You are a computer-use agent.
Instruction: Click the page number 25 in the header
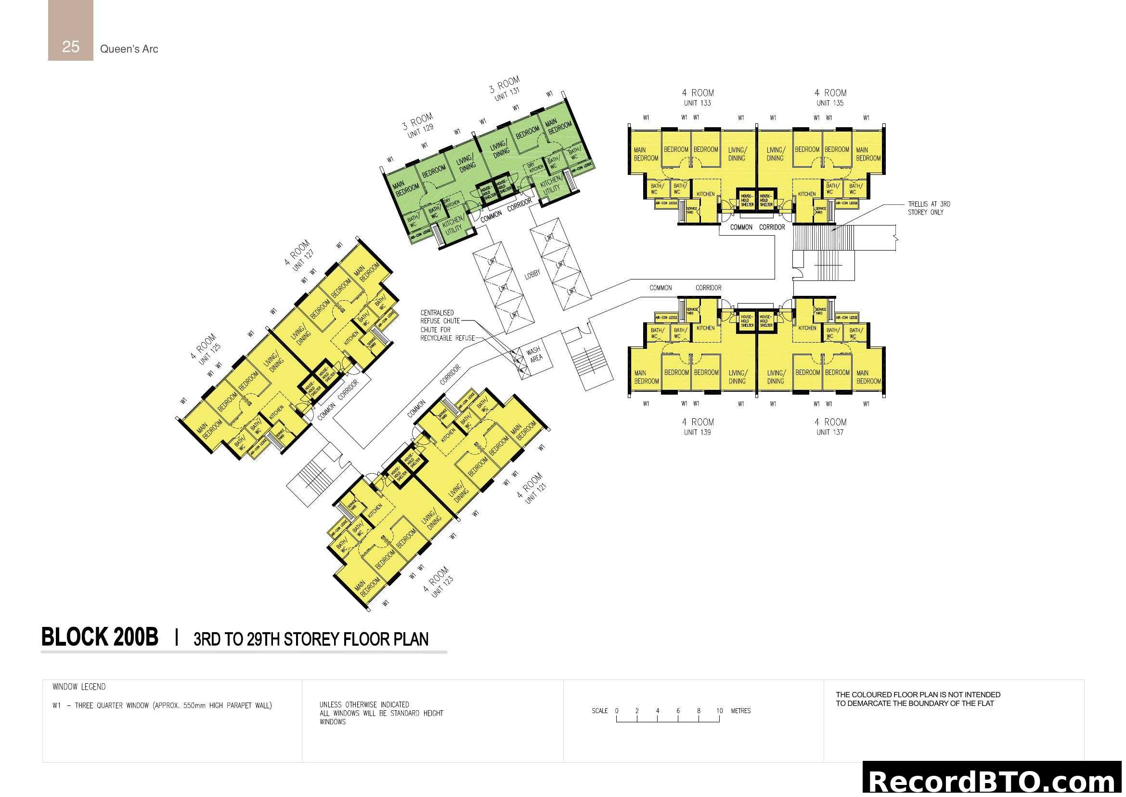(x=71, y=47)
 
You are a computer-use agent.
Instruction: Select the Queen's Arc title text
(x=129, y=49)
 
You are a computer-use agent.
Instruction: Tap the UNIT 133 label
(x=697, y=103)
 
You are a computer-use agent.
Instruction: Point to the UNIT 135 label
(x=830, y=103)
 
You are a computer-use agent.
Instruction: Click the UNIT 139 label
(x=697, y=432)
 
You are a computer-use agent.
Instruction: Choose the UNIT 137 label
(x=830, y=432)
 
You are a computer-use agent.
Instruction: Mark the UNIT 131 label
(x=507, y=94)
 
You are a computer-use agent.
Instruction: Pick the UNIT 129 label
(x=421, y=131)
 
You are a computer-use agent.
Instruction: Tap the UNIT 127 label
(x=303, y=260)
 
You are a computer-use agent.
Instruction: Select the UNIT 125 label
(x=210, y=354)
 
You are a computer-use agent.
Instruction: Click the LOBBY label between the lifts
(x=532, y=274)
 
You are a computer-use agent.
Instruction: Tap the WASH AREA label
(x=534, y=354)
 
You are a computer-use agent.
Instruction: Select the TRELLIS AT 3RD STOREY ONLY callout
(x=928, y=208)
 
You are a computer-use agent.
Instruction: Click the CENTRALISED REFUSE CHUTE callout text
(x=440, y=317)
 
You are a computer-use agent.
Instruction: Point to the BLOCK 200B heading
(x=100, y=637)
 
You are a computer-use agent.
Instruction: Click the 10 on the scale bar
(x=719, y=711)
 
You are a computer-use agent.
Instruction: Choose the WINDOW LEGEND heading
(x=79, y=687)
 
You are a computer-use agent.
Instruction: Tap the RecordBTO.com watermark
(x=993, y=781)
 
